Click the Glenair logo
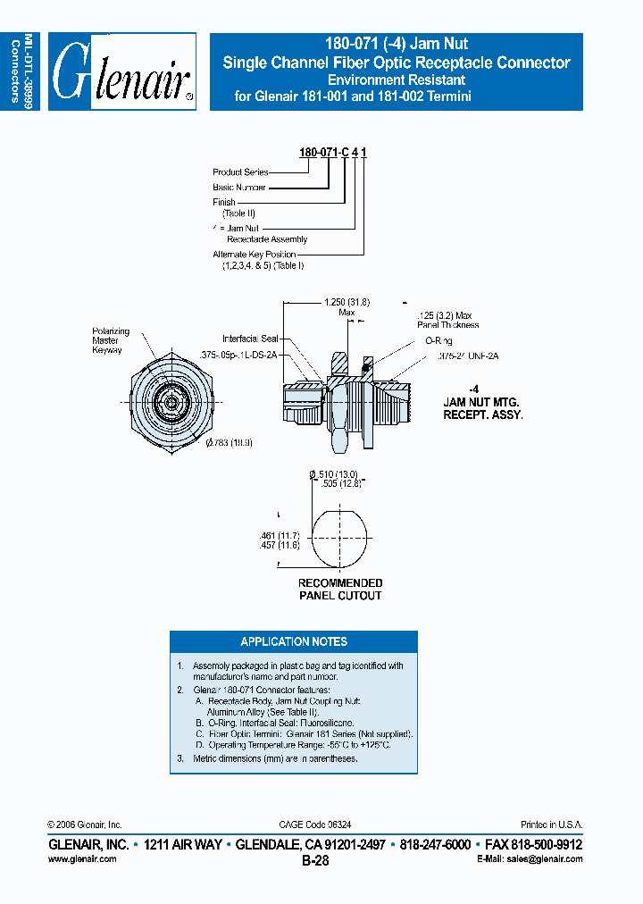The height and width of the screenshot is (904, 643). [x=122, y=72]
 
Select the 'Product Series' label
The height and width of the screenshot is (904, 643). [x=240, y=172]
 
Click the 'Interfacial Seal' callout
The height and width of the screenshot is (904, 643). [x=251, y=339]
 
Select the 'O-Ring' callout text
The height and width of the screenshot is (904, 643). [x=438, y=341]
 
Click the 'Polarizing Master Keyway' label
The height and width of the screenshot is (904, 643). [x=111, y=340]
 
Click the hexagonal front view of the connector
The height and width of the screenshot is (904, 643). [x=169, y=402]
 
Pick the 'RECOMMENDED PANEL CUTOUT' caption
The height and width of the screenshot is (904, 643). [x=340, y=590]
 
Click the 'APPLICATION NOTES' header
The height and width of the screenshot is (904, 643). [x=294, y=641]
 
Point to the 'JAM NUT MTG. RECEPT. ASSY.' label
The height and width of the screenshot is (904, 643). [x=483, y=403]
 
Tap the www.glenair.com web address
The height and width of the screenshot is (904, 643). [x=81, y=858]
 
